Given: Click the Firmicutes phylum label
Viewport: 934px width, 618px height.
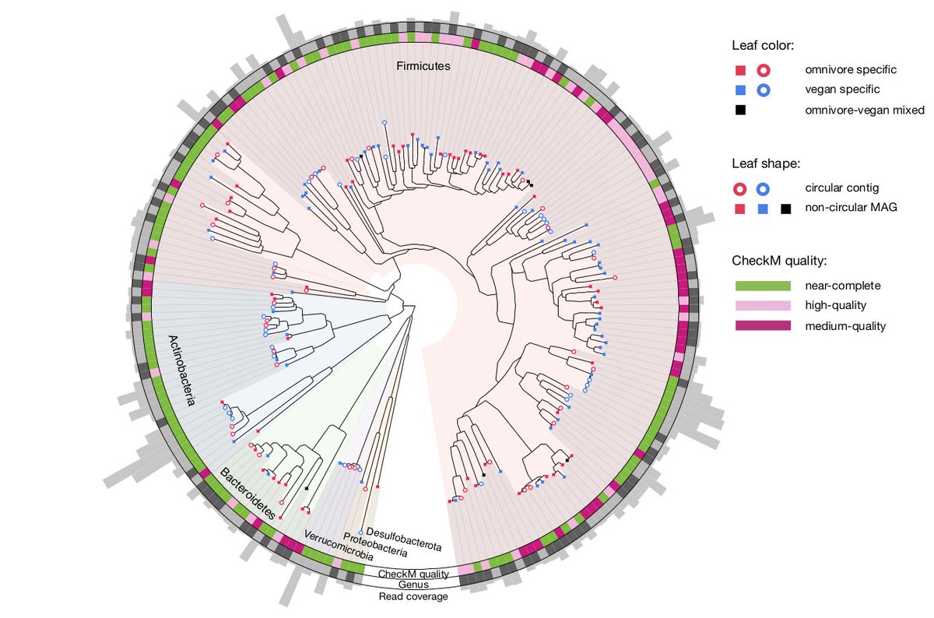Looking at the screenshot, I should (x=420, y=67).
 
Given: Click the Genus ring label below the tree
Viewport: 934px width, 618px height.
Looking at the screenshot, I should (x=413, y=585).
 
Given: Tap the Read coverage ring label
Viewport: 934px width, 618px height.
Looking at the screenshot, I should (x=413, y=596).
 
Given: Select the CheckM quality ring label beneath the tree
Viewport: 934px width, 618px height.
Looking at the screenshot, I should (x=413, y=574).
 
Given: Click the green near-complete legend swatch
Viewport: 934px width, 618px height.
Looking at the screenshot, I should (x=763, y=286).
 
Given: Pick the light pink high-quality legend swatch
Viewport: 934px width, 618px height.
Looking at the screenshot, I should (x=763, y=306).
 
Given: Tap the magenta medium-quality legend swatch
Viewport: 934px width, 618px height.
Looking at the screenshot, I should (x=763, y=326).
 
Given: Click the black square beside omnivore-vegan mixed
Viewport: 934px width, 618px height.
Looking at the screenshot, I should (x=740, y=111).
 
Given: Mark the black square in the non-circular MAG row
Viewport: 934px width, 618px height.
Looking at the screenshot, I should (x=786, y=209).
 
